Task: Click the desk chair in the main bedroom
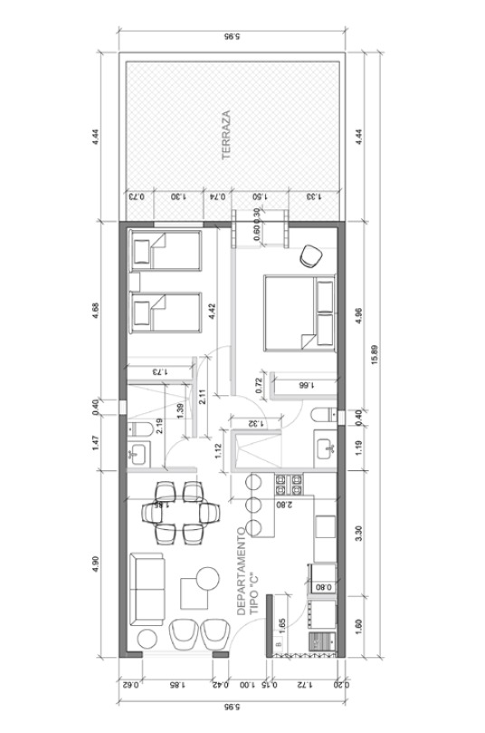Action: (310, 256)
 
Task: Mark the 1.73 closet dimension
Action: (160, 371)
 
